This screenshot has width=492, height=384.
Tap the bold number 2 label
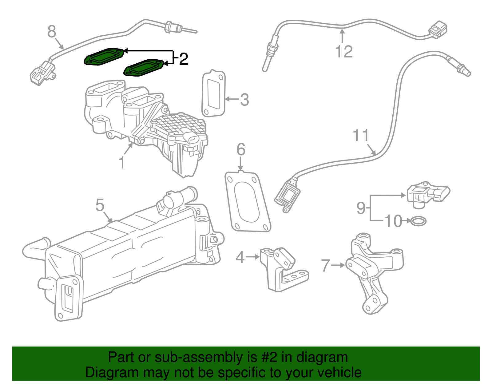click(x=183, y=59)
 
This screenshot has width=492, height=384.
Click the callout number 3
click(x=244, y=100)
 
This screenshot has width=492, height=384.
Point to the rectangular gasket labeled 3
click(x=213, y=94)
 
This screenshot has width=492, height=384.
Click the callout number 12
click(x=344, y=51)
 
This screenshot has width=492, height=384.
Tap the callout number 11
click(x=360, y=136)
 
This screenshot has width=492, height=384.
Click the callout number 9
click(x=361, y=208)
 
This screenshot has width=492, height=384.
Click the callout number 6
click(x=241, y=149)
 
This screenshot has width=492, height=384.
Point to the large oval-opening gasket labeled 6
click(x=248, y=202)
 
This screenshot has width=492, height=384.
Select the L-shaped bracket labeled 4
click(x=281, y=269)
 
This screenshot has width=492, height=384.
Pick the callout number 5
click(x=100, y=205)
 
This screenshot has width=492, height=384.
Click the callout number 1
click(x=122, y=162)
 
